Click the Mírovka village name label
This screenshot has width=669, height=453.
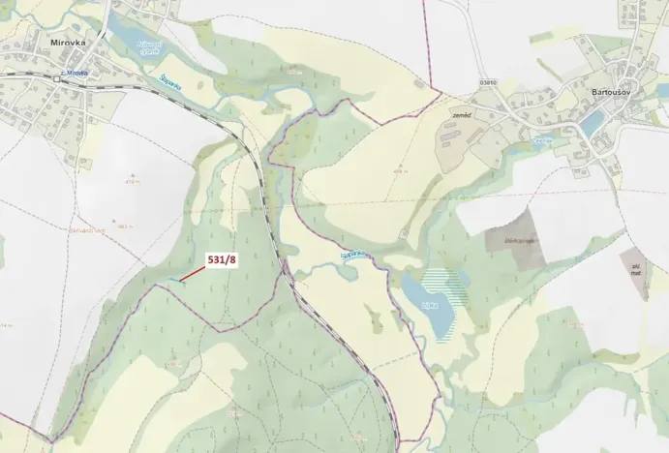(68, 44)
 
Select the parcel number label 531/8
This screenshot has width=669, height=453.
(222, 259)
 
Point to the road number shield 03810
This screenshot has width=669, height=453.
(490, 83)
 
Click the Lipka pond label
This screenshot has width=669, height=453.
(427, 302)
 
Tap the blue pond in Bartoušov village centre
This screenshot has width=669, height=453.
(592, 123)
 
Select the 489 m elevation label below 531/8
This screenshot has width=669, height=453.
(173, 364)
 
